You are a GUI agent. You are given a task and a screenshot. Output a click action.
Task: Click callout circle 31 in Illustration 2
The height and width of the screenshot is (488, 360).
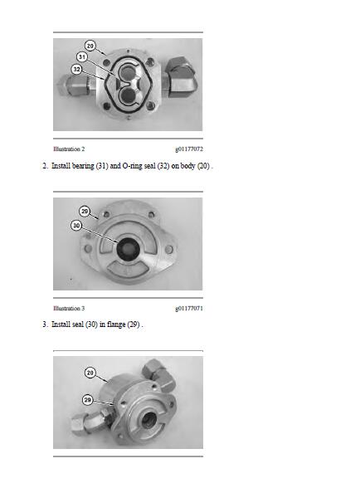pos(82,57)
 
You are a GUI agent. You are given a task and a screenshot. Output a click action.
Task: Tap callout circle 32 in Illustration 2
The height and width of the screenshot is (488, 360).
pos(76,69)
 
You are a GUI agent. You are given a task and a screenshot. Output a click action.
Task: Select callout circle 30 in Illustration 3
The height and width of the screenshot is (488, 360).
pos(76,225)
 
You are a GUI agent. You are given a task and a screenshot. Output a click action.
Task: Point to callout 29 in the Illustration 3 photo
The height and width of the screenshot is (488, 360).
pos(85,212)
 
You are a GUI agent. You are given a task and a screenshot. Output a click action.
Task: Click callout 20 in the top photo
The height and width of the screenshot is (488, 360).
pos(90,46)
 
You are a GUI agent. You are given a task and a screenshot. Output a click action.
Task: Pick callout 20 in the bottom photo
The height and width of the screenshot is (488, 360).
pos(90,373)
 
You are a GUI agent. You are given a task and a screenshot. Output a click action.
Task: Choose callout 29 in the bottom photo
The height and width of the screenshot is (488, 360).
pos(88,400)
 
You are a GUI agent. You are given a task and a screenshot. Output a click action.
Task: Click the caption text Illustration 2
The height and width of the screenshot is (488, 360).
pos(69,149)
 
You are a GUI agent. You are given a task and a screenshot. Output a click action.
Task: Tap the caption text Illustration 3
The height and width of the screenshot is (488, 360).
pos(69,309)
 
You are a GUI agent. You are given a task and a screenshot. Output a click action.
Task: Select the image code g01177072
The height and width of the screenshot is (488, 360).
pos(189,149)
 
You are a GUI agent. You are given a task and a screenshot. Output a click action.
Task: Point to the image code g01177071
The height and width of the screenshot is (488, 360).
pos(189,309)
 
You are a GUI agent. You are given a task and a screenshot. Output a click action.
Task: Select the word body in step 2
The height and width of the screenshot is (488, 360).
pos(187,166)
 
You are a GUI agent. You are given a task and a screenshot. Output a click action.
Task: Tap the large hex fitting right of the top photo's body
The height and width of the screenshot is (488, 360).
pos(180,77)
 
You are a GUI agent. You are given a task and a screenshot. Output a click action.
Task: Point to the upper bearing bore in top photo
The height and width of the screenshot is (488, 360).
pos(127,73)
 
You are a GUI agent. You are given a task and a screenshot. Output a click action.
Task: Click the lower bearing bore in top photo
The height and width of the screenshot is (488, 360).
pos(128,95)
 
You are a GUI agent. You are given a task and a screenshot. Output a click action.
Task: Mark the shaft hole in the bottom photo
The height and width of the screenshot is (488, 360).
pos(149,420)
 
